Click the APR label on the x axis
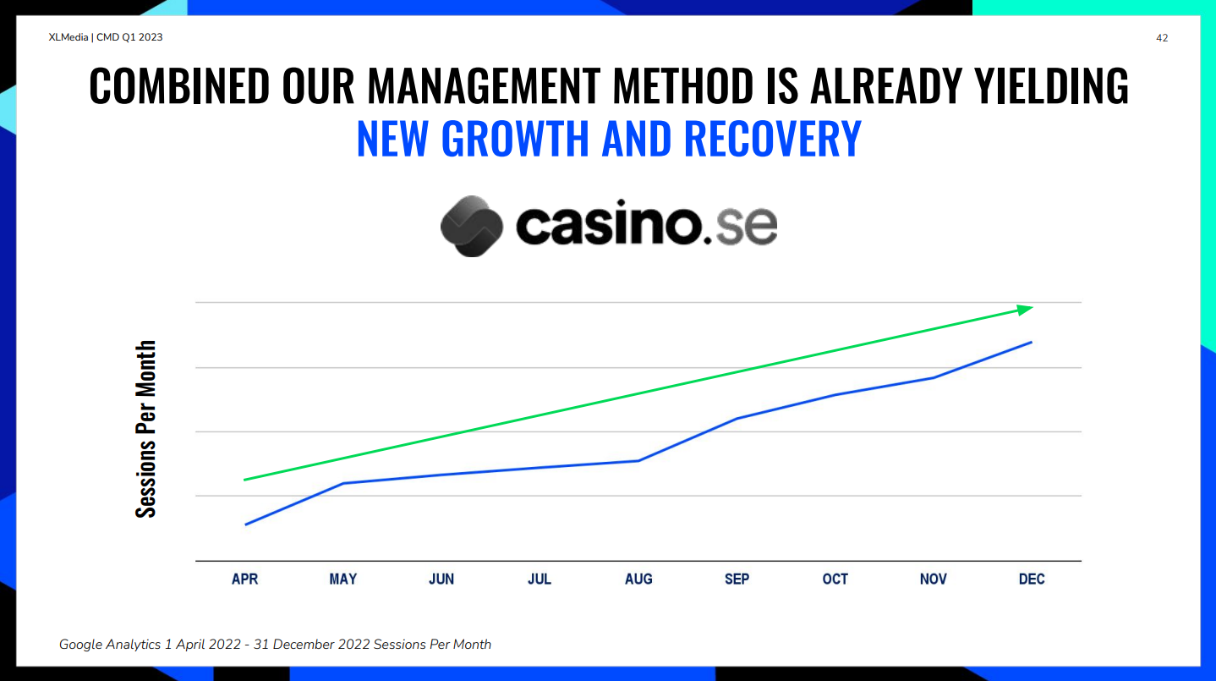click(245, 579)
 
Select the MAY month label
click(343, 579)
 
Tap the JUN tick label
click(441, 579)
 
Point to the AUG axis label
click(638, 579)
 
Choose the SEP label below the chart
click(737, 579)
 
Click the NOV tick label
click(934, 579)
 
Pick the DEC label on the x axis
click(1032, 579)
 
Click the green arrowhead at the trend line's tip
click(1024, 310)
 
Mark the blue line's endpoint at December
click(1032, 342)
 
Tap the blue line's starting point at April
click(245, 524)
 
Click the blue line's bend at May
click(343, 483)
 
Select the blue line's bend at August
click(638, 461)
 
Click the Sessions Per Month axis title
click(145, 429)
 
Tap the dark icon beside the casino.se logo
click(471, 226)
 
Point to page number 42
click(1162, 38)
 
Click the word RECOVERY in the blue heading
click(773, 139)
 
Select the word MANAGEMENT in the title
click(485, 85)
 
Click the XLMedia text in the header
click(68, 37)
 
